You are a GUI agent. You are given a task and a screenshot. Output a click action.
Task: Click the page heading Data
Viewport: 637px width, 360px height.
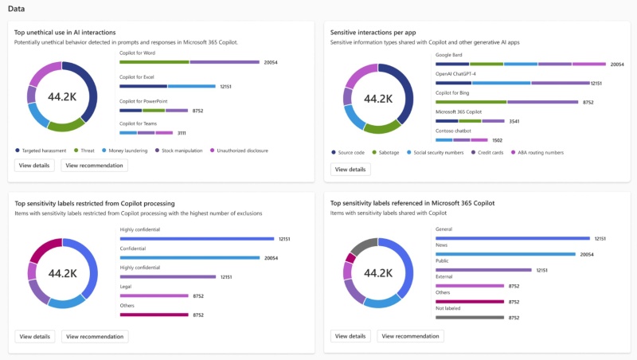16,8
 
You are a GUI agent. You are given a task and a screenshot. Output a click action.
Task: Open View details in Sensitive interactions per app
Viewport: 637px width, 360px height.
350,169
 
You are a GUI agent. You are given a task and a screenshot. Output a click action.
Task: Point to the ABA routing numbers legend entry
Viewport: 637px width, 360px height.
537,151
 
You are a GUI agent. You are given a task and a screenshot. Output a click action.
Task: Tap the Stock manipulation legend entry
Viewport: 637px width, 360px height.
182,150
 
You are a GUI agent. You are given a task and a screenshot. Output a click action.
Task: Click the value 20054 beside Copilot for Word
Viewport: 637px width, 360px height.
270,61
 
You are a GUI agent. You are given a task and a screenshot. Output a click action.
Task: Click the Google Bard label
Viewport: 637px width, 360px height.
449,55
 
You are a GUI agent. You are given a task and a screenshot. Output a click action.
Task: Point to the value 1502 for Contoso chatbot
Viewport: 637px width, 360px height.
496,139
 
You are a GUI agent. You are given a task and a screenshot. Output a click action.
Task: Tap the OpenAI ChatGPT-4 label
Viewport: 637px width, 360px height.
455,73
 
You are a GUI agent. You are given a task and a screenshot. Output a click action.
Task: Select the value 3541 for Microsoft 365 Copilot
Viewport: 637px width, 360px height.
514,121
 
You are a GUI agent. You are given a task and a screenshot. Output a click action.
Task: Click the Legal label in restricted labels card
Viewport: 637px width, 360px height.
126,286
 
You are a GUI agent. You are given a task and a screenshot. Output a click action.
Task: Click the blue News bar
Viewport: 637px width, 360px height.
505,254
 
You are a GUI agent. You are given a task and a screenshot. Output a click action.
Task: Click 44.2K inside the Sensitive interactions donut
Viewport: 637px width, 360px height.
378,99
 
